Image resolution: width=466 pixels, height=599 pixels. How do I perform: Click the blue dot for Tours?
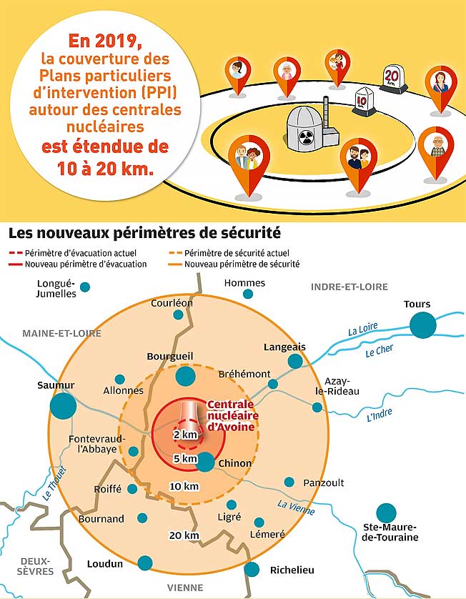point(422,325)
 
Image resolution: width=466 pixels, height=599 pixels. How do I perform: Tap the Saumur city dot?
point(63,406)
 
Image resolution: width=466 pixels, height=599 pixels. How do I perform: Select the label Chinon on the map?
point(235,463)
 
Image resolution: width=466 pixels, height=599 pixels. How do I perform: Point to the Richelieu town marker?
point(252,569)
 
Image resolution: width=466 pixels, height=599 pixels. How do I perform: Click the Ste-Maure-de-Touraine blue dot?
point(387,513)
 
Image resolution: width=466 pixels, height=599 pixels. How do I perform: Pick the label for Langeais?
point(284,347)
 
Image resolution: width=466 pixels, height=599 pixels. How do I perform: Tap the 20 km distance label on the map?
point(184,535)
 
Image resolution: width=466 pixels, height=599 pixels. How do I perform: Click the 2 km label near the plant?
point(184,435)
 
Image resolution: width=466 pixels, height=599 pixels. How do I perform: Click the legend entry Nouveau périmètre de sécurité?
point(242,264)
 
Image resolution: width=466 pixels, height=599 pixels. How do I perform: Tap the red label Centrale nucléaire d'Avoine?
point(231,415)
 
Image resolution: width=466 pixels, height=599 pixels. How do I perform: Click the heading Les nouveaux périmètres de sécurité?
point(144,234)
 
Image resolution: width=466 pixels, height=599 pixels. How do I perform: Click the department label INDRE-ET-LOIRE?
point(349,287)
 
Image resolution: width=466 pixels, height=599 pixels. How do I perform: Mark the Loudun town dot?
point(145,563)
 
